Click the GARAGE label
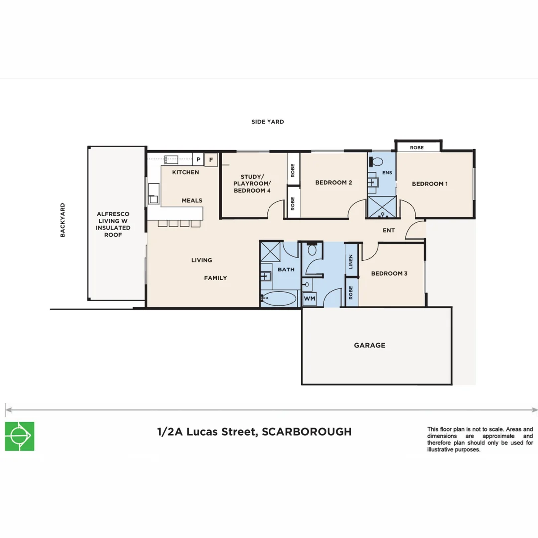pos(370,345)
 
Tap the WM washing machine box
pos(309,298)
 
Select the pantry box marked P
pos(198,159)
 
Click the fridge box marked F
pos(211,160)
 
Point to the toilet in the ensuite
pos(377,161)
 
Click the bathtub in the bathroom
pos(279,299)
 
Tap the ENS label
pos(387,172)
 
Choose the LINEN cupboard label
pos(351,262)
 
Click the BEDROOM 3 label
pos(389,273)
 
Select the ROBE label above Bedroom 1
pos(417,148)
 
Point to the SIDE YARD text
pos(268,122)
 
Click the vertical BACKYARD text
pos(62,220)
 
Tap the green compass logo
pos(20,436)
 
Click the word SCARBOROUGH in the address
pos(307,431)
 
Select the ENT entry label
pos(389,230)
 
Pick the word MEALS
pos(192,200)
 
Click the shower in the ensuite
pos(382,207)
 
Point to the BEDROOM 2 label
pos(333,182)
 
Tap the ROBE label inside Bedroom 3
pos(351,293)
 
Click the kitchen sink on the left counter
pos(154,193)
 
